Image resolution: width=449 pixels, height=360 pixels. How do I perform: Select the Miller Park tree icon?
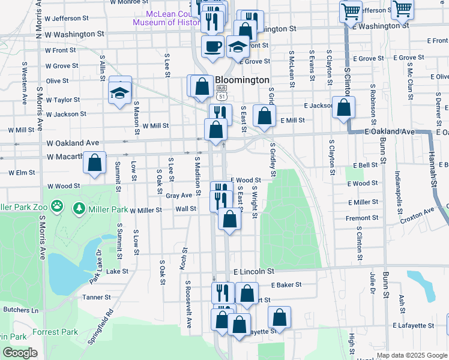(x=79, y=209)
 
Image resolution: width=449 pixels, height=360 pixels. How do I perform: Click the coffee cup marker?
(x=212, y=46)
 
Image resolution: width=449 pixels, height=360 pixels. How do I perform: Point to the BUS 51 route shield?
(x=222, y=94)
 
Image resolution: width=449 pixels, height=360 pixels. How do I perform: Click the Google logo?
(x=20, y=353)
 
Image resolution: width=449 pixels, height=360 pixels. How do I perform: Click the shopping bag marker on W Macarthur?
(x=94, y=162)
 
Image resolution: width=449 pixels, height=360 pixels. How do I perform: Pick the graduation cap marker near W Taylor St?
(x=119, y=92)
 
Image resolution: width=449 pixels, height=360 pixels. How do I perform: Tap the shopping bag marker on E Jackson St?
(x=343, y=108)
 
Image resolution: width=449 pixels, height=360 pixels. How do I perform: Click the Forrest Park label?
(x=56, y=332)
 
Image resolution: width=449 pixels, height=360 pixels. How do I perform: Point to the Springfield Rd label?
(x=100, y=328)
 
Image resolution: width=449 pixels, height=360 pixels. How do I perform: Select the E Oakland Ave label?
(x=390, y=131)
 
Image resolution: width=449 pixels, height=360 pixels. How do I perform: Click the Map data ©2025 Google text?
(x=412, y=355)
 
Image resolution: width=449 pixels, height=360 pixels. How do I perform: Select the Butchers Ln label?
(x=20, y=310)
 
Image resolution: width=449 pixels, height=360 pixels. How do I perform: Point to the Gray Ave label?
(x=178, y=195)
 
